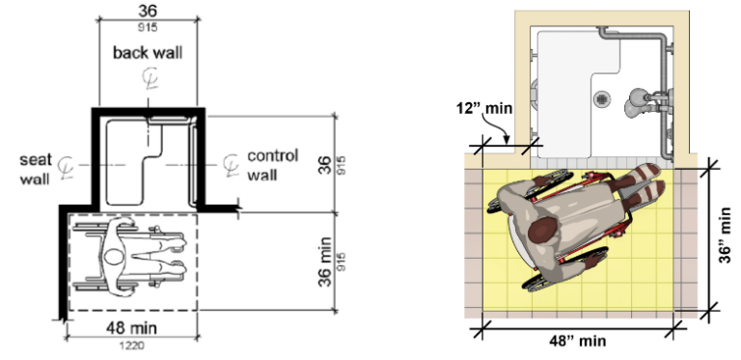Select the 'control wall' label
pyautogui.click(x=273, y=165)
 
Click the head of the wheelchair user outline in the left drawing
pyautogui.click(x=114, y=258)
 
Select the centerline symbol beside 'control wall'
pyautogui.click(x=229, y=165)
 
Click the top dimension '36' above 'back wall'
pyautogui.click(x=148, y=10)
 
